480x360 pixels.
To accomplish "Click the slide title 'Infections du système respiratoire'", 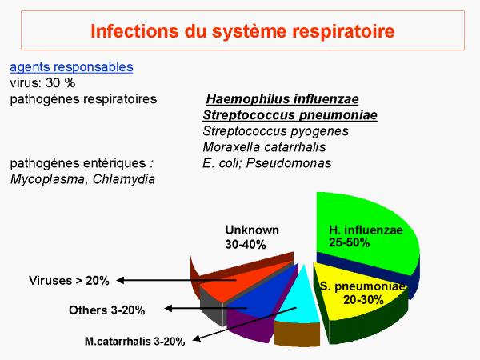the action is pos(242,31).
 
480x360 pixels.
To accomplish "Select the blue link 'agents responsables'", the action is pos(71,67).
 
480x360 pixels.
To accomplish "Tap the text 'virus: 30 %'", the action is pos(42,83).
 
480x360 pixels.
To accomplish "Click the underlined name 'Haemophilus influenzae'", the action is pos(282,99).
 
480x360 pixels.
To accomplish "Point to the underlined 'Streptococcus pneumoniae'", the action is pos(290,115).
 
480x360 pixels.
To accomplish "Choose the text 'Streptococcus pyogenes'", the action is pos(275,131).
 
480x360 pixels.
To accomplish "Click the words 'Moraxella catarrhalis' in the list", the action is pos(264,147).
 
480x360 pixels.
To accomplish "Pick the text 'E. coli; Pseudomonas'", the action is pos(267,163).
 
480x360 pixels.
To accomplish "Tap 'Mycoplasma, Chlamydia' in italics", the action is pos(82,179).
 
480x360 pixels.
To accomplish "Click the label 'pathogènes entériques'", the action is pos(78,163).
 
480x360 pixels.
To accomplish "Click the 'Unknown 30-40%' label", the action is pos(252,238).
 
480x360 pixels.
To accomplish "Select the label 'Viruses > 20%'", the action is pos(69,281).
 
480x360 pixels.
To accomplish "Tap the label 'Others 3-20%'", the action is pos(107,310).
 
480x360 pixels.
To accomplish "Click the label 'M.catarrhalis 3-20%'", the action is pos(134,342).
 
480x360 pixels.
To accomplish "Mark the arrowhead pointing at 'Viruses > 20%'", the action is pos(120,280).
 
